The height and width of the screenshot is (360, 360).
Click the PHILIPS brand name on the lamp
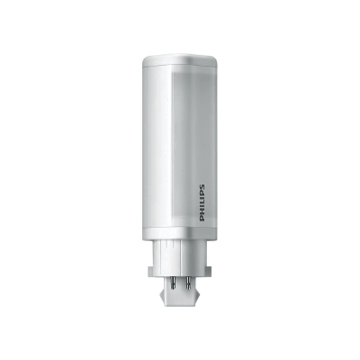click(202, 203)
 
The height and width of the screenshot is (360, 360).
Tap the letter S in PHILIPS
click(202, 187)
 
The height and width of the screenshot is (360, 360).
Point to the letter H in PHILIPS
click(202, 213)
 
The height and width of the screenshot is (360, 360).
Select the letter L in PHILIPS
click(202, 204)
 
